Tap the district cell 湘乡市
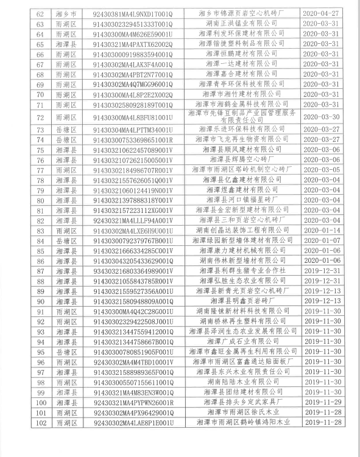[71, 13]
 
